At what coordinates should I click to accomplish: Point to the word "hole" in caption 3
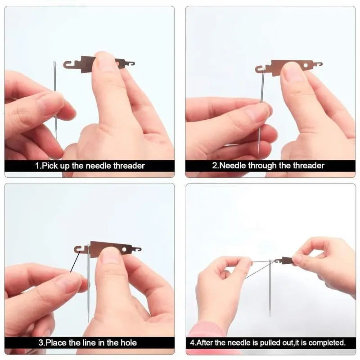pos(128,343)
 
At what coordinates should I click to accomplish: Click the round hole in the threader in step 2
pos(306,66)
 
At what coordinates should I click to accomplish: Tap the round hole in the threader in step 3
pos(124,249)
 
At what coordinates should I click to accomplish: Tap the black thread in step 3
pos(75,261)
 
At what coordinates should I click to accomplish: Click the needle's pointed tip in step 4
pos(270,317)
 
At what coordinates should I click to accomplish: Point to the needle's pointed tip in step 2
pos(258,154)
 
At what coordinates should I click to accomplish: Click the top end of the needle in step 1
pos(54,62)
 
